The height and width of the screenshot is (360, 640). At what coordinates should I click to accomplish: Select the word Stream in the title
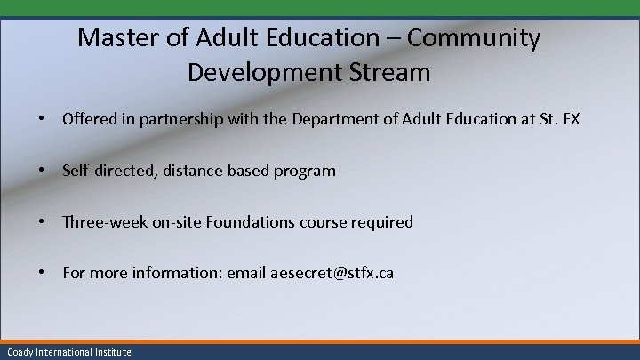[390, 72]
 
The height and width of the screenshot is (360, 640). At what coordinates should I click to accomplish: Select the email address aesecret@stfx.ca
[332, 274]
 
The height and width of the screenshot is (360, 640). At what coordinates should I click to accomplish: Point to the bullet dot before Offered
[42, 118]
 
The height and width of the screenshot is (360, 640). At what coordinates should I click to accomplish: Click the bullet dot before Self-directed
[42, 171]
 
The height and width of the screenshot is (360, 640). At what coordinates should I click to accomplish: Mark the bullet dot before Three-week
[42, 222]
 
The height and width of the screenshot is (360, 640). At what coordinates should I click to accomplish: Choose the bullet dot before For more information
[42, 274]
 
